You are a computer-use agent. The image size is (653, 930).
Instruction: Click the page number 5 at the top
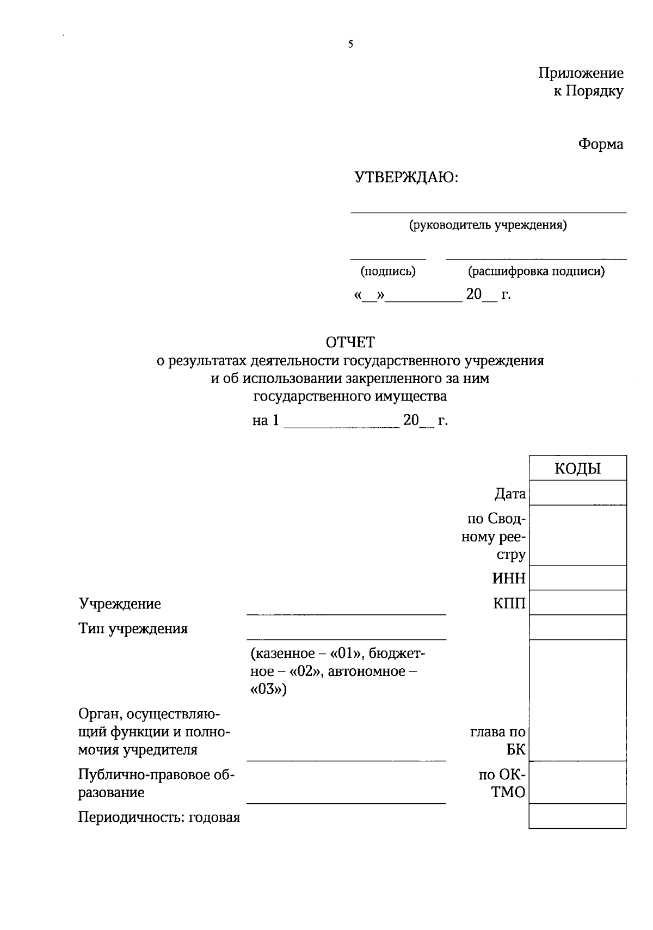(x=350, y=45)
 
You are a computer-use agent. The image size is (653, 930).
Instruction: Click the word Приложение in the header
(x=581, y=73)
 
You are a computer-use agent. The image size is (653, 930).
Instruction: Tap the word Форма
(x=600, y=144)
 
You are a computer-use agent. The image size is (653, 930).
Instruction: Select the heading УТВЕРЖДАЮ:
(x=406, y=177)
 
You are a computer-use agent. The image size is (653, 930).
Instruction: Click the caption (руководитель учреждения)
(x=488, y=225)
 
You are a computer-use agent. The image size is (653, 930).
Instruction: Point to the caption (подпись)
(x=387, y=271)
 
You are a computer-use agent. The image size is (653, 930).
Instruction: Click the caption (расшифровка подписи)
(x=536, y=271)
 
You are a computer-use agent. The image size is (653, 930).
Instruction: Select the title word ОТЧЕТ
(x=350, y=342)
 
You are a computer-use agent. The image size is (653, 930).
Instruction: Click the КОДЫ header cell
(x=577, y=468)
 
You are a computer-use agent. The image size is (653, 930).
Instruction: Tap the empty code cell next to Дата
(x=577, y=493)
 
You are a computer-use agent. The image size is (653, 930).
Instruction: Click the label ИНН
(x=509, y=578)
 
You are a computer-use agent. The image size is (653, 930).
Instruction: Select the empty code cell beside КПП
(x=577, y=602)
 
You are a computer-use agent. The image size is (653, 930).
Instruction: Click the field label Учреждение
(x=120, y=604)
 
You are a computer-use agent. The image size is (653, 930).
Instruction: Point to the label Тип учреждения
(x=133, y=629)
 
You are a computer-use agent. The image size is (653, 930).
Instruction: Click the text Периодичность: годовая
(x=159, y=818)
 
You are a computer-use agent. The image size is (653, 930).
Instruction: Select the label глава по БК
(x=498, y=741)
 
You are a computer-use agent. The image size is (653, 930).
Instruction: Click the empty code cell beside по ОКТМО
(x=577, y=783)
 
